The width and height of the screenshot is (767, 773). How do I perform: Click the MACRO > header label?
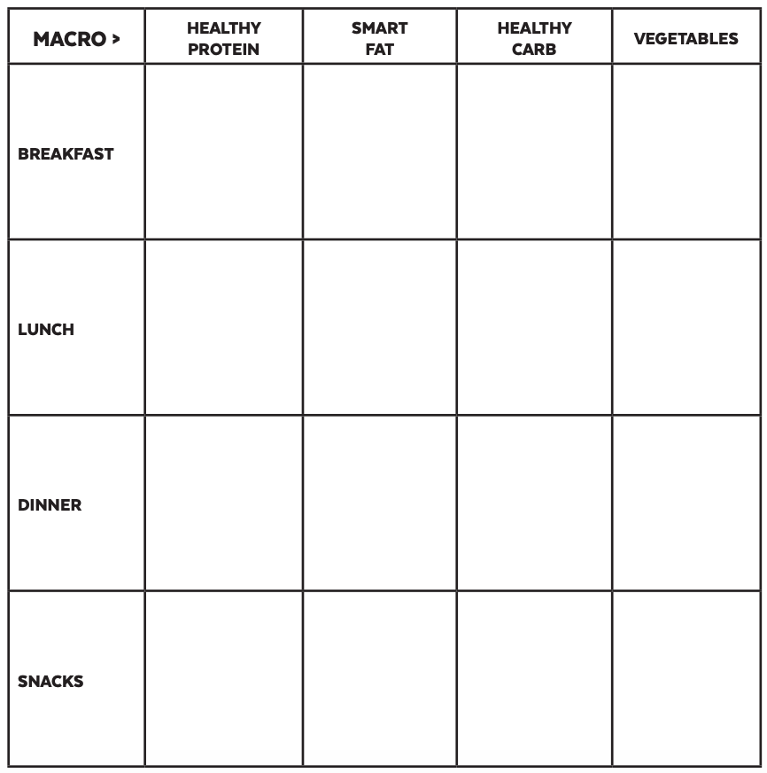click(x=76, y=39)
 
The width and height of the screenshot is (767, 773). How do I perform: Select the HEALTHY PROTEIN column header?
click(x=224, y=39)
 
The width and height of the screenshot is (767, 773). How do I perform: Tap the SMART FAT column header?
click(x=379, y=39)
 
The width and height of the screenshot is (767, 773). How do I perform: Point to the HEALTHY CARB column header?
click(x=534, y=39)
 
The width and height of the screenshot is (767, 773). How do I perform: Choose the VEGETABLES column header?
click(x=686, y=39)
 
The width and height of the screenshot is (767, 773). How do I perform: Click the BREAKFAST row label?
click(x=66, y=153)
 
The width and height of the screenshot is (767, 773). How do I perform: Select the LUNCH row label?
click(x=46, y=329)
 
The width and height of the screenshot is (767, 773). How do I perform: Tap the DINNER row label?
click(x=50, y=505)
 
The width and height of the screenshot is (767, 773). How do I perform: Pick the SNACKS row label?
click(x=50, y=681)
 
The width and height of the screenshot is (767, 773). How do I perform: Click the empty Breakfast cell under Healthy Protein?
click(x=224, y=152)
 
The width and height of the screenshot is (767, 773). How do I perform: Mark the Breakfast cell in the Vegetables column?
click(x=686, y=152)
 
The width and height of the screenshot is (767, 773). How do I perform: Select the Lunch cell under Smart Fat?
click(x=379, y=327)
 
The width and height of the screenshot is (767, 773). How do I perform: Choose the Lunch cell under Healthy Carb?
click(x=534, y=327)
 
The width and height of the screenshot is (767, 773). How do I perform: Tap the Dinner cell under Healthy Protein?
click(x=224, y=503)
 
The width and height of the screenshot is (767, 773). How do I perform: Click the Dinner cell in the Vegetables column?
click(x=686, y=503)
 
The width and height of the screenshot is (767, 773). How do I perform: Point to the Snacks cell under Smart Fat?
click(x=379, y=678)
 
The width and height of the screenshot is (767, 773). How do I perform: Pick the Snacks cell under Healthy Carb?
click(x=534, y=678)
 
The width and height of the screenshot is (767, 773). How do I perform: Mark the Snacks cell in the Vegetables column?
click(x=686, y=678)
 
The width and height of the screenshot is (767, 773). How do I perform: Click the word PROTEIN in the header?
click(x=224, y=50)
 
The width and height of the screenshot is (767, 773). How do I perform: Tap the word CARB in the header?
click(x=534, y=50)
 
